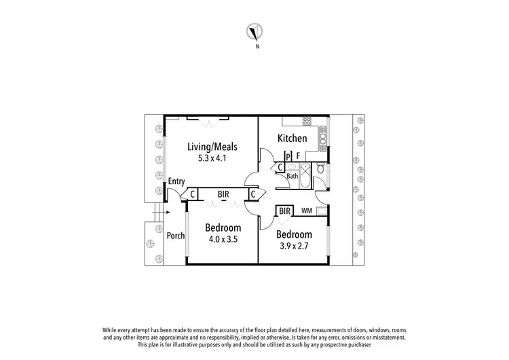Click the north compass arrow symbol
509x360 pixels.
click(257, 31)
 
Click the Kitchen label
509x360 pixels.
click(292, 139)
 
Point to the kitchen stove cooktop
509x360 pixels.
click(306, 122)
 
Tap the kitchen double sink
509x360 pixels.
click(322, 137)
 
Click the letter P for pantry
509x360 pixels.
click(288, 156)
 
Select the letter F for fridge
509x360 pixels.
click(298, 156)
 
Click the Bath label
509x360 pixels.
click(292, 176)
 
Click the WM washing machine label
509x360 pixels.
click(307, 211)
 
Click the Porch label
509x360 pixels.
click(176, 236)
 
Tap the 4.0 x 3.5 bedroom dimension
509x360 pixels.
click(223, 239)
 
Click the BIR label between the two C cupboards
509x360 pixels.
click(223, 194)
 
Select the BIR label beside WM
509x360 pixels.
click(284, 211)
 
